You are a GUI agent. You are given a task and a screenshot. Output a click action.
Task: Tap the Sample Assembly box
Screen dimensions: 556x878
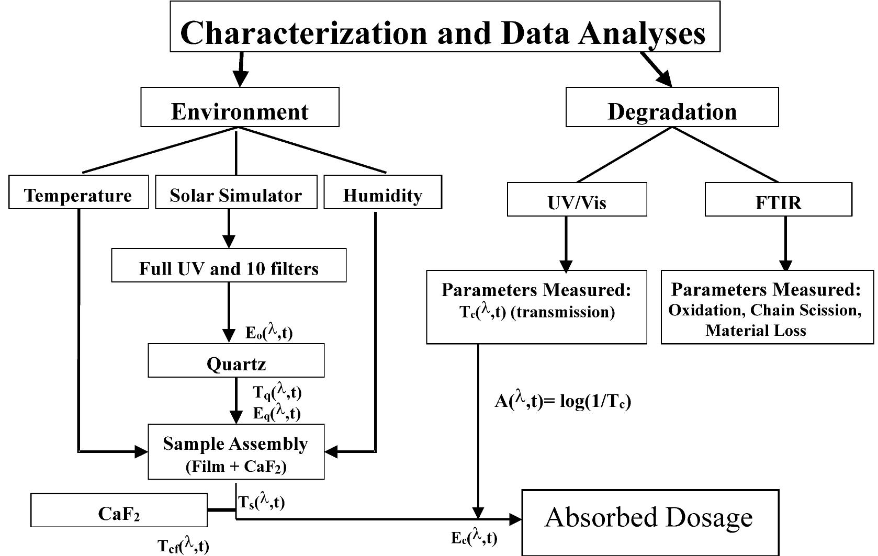236,451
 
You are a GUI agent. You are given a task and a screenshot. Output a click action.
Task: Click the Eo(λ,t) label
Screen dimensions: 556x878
269,332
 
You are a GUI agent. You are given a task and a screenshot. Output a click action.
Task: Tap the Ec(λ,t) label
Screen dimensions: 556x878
474,537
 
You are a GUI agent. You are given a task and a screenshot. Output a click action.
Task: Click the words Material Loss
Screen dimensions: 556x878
756,331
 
